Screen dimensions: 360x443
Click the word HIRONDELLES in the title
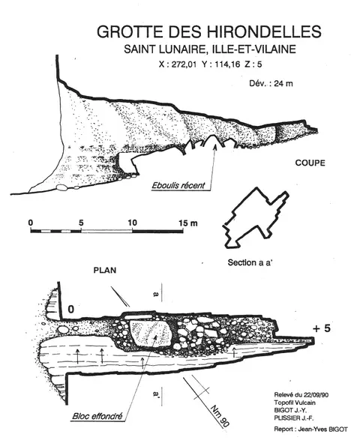coord(258,31)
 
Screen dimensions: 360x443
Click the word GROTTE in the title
coord(130,31)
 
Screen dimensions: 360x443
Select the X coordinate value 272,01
coord(181,64)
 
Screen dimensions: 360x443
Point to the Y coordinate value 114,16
coord(227,64)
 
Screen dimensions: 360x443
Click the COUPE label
coord(310,163)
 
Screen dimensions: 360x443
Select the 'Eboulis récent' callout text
coord(178,186)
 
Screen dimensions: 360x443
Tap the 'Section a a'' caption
coord(250,262)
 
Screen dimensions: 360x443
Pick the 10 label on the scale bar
coord(132,223)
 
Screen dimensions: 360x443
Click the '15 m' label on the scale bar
coord(188,223)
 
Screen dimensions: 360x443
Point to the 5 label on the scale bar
coord(82,223)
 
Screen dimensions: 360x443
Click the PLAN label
coord(105,271)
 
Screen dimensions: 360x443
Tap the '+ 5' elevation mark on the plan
coord(322,328)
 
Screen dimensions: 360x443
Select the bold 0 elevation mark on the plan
coord(70,309)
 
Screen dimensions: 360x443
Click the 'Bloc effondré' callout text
coord(97,416)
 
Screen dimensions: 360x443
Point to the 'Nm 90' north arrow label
coord(220,415)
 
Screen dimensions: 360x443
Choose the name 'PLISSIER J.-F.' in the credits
coord(294,418)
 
